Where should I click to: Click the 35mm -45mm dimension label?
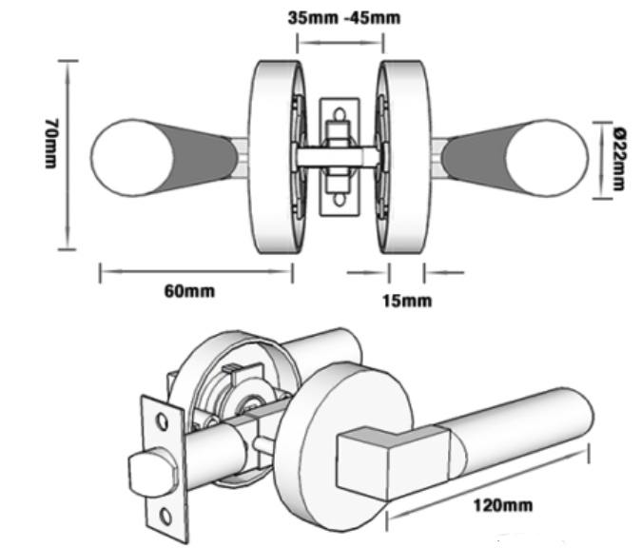coord(344,18)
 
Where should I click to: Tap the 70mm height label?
coord(51,144)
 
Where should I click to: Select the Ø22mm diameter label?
coord(620,159)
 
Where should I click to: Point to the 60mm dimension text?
coord(189,291)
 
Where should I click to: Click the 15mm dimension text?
coord(407,301)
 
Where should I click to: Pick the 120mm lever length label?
coord(503,505)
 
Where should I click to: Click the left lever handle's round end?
coord(131,158)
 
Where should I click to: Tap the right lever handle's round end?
coord(547,158)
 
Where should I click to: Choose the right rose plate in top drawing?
coord(405,157)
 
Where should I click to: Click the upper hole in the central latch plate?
coord(340,113)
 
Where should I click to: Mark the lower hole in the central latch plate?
coord(340,200)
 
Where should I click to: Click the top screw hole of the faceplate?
coord(163,421)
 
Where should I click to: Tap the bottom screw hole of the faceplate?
coord(165,517)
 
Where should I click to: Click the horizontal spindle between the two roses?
coord(340,157)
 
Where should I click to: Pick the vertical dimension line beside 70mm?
coord(67,154)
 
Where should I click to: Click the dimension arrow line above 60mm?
coord(196,271)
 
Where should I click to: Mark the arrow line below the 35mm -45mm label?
coord(340,42)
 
